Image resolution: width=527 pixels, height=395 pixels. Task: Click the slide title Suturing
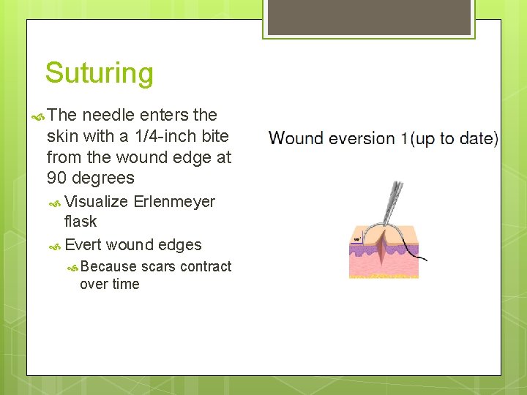point(99,73)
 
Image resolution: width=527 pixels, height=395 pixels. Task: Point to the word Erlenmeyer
point(174,202)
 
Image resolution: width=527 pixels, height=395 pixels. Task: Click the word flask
point(81,221)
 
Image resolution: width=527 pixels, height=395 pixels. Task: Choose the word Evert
point(83,245)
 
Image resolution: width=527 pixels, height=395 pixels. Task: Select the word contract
point(206,266)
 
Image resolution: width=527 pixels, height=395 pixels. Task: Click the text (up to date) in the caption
point(455,138)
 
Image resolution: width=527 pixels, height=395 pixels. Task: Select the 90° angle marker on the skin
point(358,239)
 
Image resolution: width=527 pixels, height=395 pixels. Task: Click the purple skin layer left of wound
point(363,249)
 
